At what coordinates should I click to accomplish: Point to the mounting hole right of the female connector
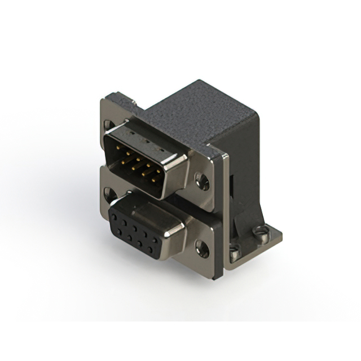pyautogui.click(x=201, y=246)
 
